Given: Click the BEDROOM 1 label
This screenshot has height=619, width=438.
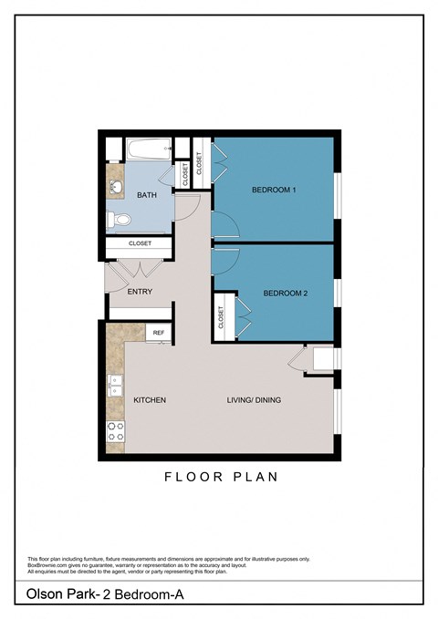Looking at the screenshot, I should click(x=274, y=190).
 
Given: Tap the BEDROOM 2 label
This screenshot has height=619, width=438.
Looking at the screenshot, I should click(x=286, y=293).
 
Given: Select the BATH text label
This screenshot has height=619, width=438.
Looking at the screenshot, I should click(x=146, y=196).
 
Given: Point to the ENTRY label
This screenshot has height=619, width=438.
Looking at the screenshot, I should click(x=140, y=293).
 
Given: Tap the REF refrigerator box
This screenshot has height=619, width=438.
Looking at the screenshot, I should click(x=158, y=334).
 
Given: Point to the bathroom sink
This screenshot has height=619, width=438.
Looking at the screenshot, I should click(x=116, y=188).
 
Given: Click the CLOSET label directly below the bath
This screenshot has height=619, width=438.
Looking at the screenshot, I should click(x=140, y=244).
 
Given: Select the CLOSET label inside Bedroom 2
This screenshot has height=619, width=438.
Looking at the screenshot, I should click(x=222, y=317).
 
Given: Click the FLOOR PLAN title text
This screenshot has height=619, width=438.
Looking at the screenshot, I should click(x=221, y=476).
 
